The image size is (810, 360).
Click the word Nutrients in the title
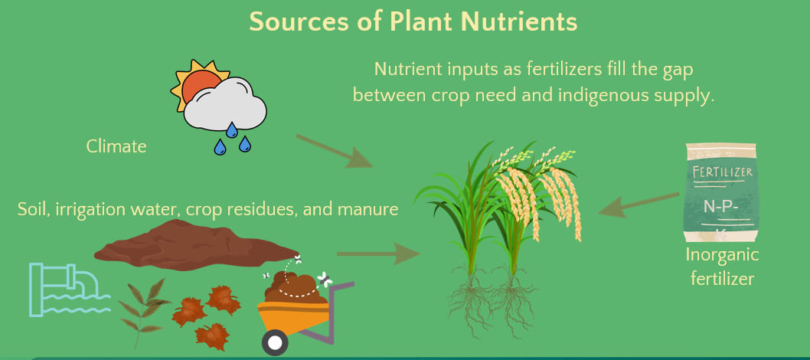click(518, 21)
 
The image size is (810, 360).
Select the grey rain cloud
click(226, 105)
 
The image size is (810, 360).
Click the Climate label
click(116, 146)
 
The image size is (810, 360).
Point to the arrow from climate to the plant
click(335, 151)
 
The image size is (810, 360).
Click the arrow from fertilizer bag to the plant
click(639, 205)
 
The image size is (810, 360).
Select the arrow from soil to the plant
click(379, 254)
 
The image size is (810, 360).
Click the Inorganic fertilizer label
click(722, 267)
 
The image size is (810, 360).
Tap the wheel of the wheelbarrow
click(275, 342)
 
